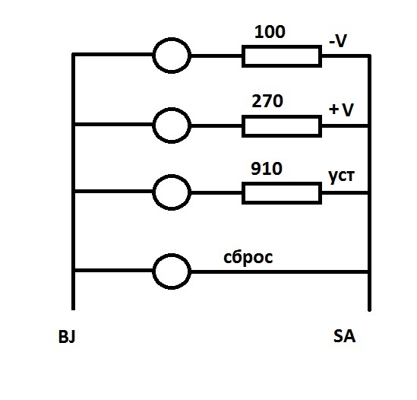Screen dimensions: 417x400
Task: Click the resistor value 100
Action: [x=270, y=32]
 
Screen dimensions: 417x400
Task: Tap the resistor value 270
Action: [x=267, y=101]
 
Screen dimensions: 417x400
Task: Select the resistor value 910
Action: [x=267, y=169]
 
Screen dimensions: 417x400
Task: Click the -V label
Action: [x=338, y=41]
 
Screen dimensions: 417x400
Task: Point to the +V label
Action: [x=341, y=110]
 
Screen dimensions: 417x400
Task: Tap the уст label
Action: [x=342, y=176]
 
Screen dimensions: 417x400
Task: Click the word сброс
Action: [x=248, y=258]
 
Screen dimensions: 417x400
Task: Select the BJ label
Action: [x=67, y=336]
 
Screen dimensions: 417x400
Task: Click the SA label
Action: [x=344, y=336]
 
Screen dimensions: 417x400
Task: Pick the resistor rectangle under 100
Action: [x=282, y=47]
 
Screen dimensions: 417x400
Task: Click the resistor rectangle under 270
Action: [x=282, y=117]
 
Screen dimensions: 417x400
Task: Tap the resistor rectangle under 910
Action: [x=282, y=184]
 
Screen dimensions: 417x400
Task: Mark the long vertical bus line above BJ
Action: [x=74, y=182]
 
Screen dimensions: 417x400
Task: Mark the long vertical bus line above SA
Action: [x=369, y=183]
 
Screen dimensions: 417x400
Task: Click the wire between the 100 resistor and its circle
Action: [x=216, y=56]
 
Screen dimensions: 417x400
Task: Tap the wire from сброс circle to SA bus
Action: [x=280, y=272]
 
